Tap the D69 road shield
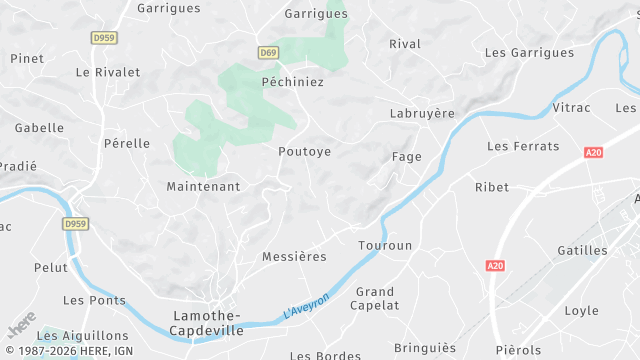click(x=267, y=53)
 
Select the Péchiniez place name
click(x=292, y=82)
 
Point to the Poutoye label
click(x=304, y=152)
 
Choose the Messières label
click(x=294, y=257)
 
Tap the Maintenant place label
click(x=203, y=187)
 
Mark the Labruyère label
click(x=422, y=114)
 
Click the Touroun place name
click(x=385, y=245)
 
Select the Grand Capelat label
click(x=376, y=298)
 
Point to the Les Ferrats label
click(x=523, y=146)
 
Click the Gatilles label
click(x=582, y=251)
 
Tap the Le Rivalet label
click(x=108, y=72)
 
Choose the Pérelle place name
click(x=127, y=144)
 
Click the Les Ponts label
click(x=95, y=300)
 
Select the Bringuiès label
click(x=425, y=348)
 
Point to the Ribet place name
click(x=492, y=187)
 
